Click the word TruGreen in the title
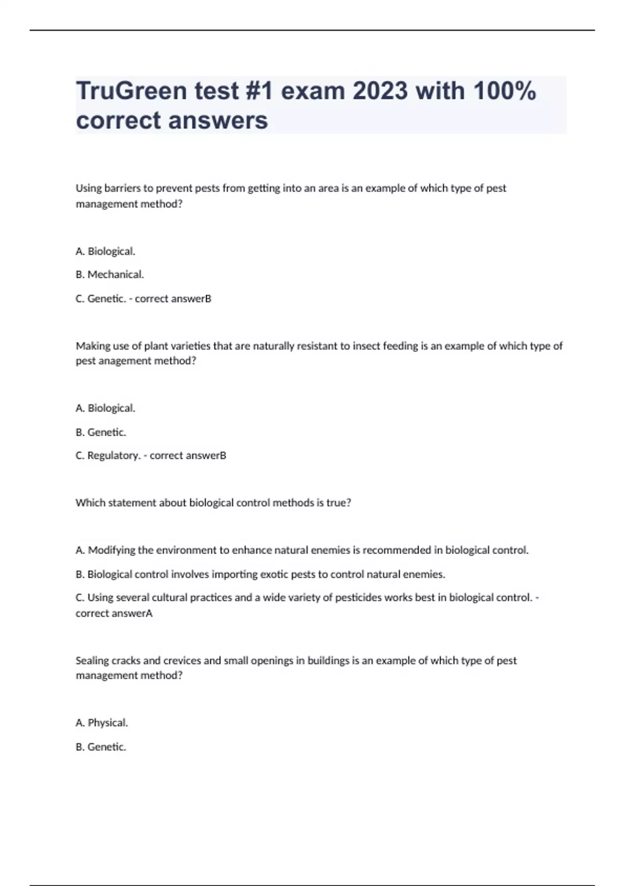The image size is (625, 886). click(131, 91)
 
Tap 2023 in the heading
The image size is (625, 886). click(380, 91)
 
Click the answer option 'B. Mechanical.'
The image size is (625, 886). click(110, 275)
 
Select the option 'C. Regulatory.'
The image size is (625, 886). click(108, 456)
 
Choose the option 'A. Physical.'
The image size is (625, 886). click(102, 723)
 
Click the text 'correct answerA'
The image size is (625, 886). click(114, 613)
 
